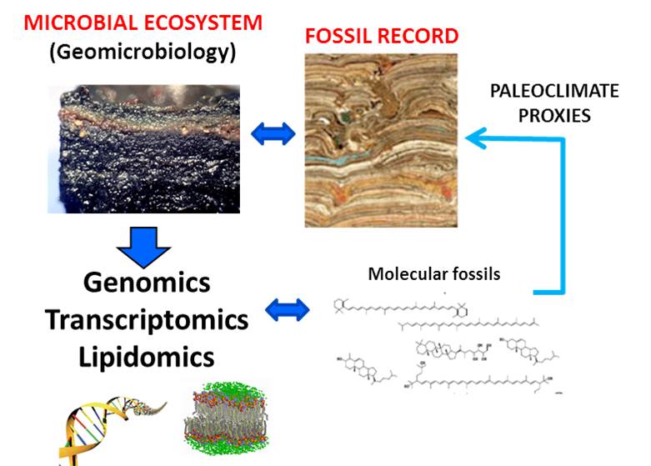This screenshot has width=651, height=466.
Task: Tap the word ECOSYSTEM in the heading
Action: point(205,23)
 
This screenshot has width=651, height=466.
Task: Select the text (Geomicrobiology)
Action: point(143,53)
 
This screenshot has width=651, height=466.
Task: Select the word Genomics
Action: point(147,283)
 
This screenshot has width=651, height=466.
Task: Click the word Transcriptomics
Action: point(147,319)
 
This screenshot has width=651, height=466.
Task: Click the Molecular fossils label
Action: point(434,273)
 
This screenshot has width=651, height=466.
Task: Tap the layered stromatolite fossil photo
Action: point(382,140)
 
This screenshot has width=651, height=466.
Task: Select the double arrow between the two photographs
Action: point(274,133)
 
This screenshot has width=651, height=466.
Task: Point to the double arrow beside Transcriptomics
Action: point(288,311)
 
